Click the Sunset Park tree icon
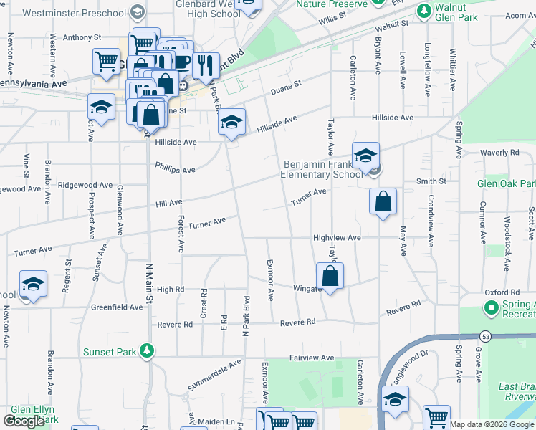tap(147, 350)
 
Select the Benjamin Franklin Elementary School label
tap(321, 169)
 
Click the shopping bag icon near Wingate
tap(330, 277)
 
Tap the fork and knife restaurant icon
tap(206, 65)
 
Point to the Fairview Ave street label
tap(312, 358)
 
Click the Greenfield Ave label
tap(117, 307)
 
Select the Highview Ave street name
tap(336, 237)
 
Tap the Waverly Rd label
tap(499, 153)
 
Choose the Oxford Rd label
tap(501, 292)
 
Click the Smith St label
tap(431, 182)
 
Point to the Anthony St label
tap(78, 37)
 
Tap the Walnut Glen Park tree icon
tap(424, 11)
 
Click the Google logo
tap(24, 421)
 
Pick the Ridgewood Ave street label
tap(85, 185)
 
